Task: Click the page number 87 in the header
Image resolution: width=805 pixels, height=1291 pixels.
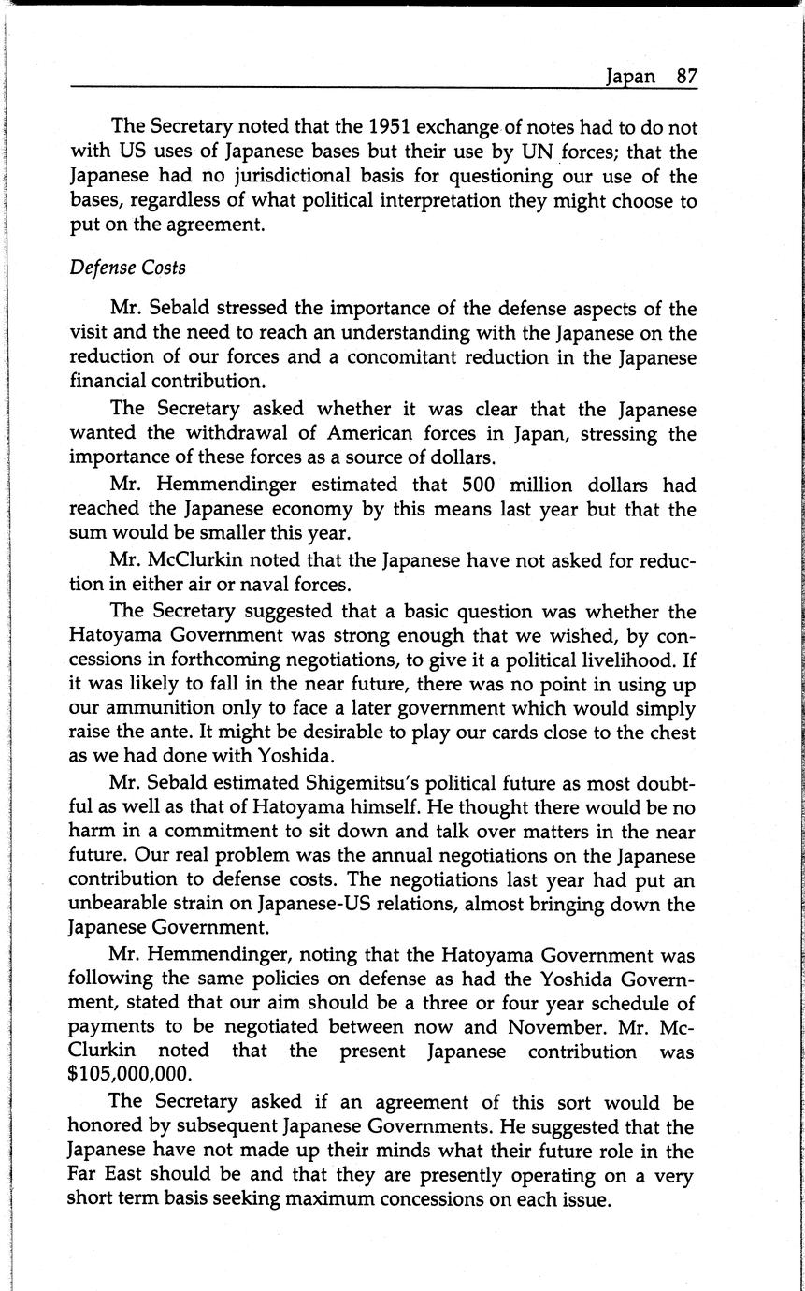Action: pos(687,77)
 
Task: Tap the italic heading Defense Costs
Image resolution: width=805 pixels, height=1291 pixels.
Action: pos(128,268)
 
